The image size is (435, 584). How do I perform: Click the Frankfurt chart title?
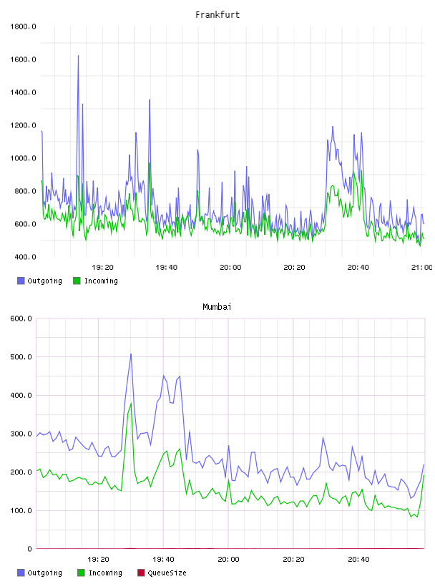click(x=217, y=14)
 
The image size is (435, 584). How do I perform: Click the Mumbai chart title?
click(x=217, y=306)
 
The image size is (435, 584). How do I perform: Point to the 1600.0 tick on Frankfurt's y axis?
click(x=23, y=59)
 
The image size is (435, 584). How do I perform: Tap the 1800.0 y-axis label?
click(x=23, y=26)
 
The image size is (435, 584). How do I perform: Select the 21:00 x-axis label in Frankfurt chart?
click(x=421, y=267)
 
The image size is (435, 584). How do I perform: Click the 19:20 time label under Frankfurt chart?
click(x=102, y=267)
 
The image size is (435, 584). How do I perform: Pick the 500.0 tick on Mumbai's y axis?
click(x=21, y=357)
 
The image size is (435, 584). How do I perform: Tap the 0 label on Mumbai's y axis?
click(x=29, y=549)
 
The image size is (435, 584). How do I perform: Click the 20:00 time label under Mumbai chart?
click(x=228, y=559)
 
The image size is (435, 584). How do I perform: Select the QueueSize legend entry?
click(x=162, y=573)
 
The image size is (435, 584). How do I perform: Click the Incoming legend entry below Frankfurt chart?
click(x=96, y=281)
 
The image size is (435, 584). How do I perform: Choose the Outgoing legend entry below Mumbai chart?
click(x=40, y=573)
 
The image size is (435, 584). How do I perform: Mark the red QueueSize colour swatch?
click(x=141, y=573)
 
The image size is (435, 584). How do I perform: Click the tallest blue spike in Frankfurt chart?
click(x=78, y=56)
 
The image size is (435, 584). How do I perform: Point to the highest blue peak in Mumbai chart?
click(x=131, y=354)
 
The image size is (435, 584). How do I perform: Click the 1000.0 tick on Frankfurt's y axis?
click(x=23, y=158)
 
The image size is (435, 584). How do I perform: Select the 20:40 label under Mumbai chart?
click(x=358, y=559)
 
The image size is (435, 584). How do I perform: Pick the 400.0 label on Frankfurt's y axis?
click(x=25, y=257)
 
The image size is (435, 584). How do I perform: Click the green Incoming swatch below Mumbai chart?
click(x=81, y=573)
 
